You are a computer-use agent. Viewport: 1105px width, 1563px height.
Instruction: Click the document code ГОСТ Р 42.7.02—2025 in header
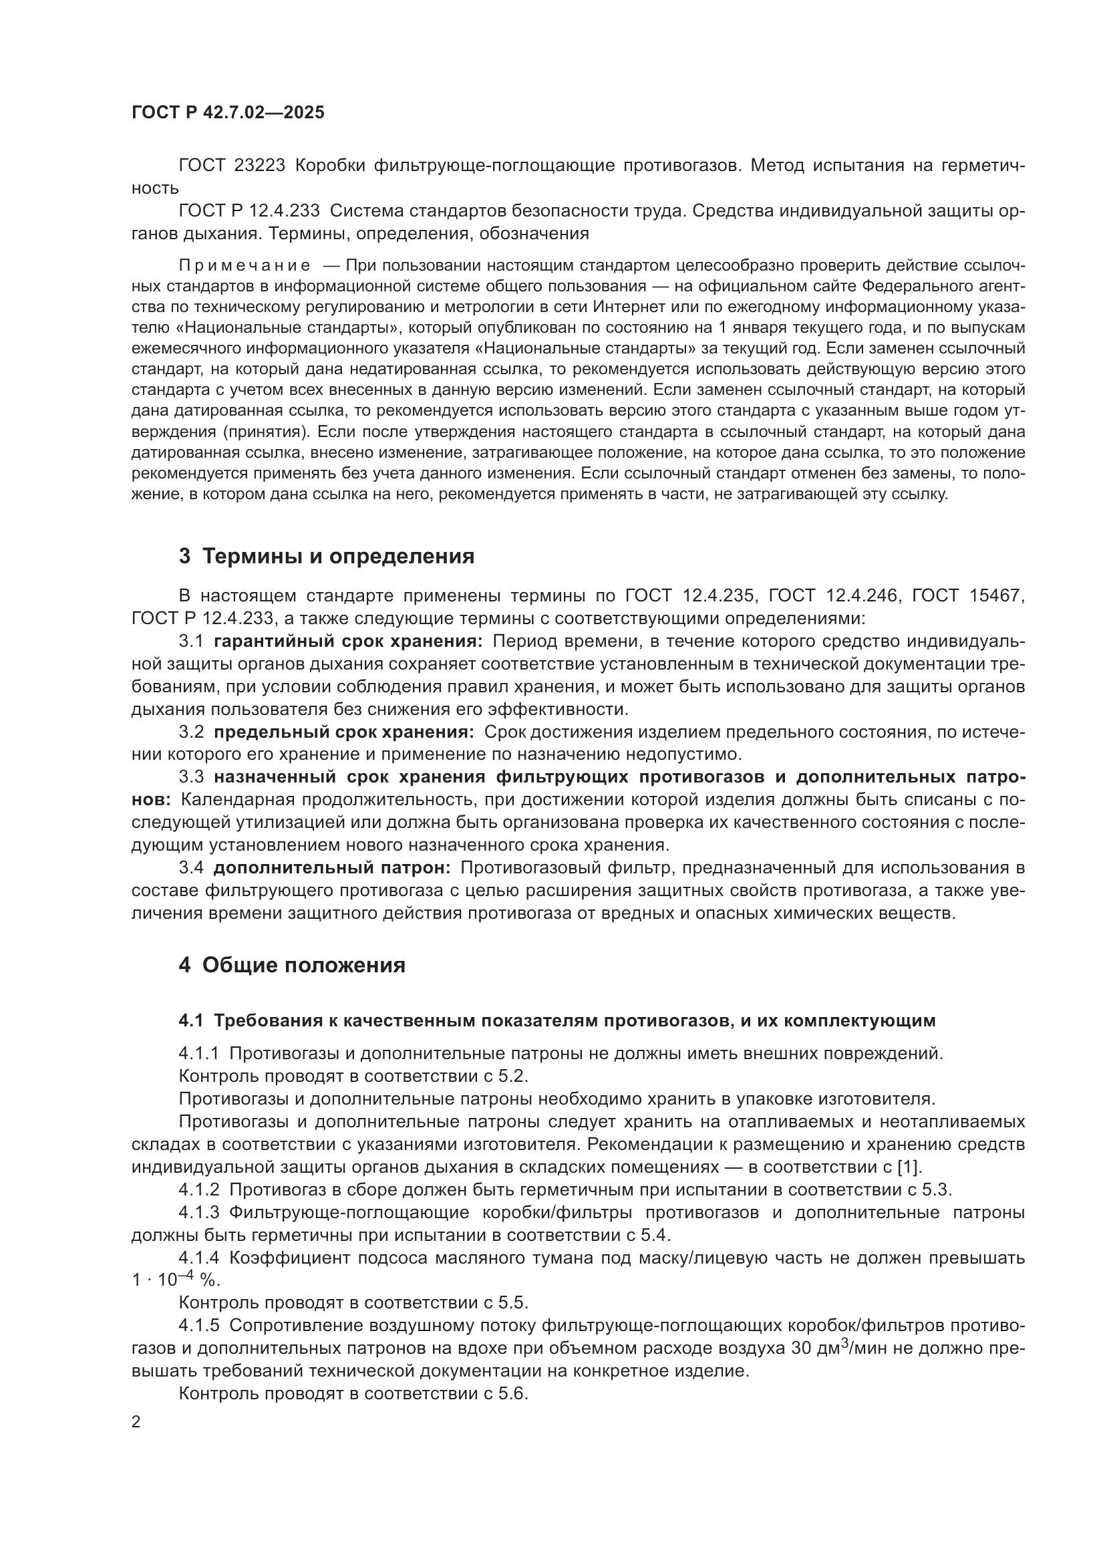coord(228,113)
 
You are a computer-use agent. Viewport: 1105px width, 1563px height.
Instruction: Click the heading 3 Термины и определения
coord(326,556)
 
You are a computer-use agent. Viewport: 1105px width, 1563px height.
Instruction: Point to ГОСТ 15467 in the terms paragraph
coord(967,595)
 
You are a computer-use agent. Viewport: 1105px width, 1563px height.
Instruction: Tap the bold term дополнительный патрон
coord(332,867)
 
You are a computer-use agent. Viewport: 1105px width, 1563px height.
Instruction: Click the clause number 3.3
coord(191,776)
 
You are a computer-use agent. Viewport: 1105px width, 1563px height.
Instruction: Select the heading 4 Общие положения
coord(292,965)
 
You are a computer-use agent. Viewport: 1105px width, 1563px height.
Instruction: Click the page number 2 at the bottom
coord(136,1422)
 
